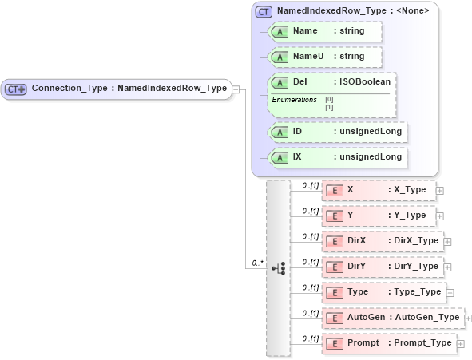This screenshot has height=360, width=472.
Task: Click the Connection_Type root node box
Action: [x=117, y=89]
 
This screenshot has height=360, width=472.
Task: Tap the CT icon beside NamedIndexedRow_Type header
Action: [x=264, y=11]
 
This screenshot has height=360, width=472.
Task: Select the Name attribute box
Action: [x=325, y=31]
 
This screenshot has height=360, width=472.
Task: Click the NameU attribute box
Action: [x=325, y=57]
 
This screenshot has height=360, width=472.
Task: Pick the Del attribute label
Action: [x=299, y=82]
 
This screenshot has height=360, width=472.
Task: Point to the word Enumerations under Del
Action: [x=294, y=99]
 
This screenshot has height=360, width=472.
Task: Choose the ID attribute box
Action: [x=337, y=132]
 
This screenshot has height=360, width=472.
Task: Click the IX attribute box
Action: [x=337, y=157]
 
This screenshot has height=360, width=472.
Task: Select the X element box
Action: [x=379, y=191]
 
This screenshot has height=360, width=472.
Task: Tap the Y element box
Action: [x=379, y=216]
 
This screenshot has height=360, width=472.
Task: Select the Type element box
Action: [x=383, y=292]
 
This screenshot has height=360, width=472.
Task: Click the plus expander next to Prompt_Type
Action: [x=461, y=344]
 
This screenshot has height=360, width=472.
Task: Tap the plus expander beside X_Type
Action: [x=440, y=192]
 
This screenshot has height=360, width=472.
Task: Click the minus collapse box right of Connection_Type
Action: [x=237, y=89]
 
